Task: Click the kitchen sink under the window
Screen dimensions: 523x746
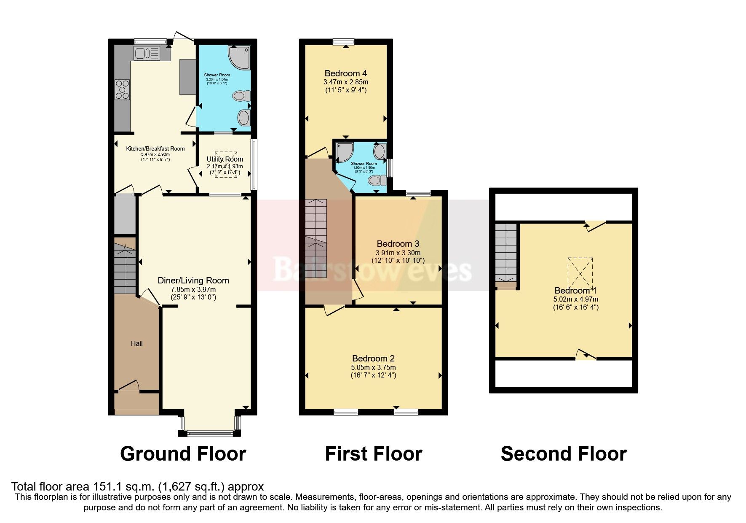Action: click(x=147, y=53)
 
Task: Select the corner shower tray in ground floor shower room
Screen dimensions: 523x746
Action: click(x=239, y=57)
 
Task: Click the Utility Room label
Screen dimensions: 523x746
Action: click(x=225, y=159)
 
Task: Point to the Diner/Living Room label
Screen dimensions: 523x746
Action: click(x=193, y=280)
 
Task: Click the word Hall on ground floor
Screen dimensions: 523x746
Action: click(x=136, y=343)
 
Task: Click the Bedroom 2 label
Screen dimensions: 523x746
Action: click(x=373, y=359)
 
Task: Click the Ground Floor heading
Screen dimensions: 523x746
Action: click(x=183, y=454)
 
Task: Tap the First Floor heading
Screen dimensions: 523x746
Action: click(x=373, y=454)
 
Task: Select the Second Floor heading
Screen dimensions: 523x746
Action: click(x=563, y=454)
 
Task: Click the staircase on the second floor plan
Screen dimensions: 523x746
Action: click(x=505, y=253)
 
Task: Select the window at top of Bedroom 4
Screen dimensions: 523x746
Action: click(x=343, y=41)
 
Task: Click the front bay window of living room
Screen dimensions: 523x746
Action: click(x=209, y=432)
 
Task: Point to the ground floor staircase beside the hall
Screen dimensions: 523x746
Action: click(x=125, y=266)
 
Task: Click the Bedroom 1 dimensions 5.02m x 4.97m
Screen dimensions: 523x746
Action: click(x=575, y=299)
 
